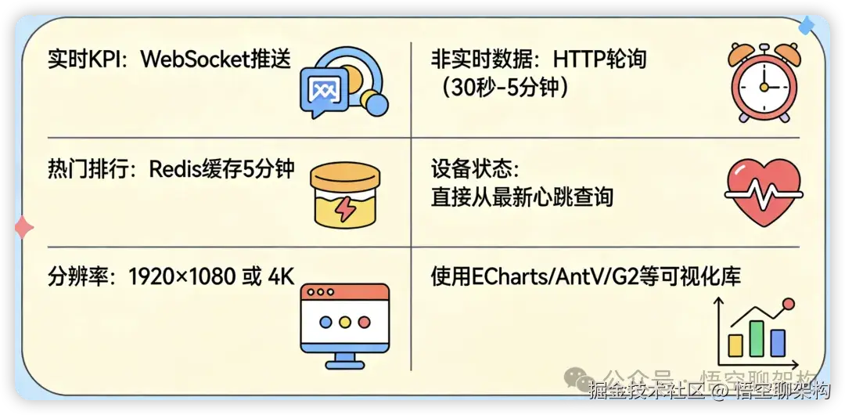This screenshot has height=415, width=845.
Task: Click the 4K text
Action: click(279, 276)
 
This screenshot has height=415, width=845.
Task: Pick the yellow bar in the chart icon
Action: click(735, 344)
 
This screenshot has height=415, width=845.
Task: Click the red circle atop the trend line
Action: click(788, 304)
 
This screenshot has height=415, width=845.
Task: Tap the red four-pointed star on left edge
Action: click(23, 228)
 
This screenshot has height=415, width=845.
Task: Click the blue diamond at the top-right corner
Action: click(806, 27)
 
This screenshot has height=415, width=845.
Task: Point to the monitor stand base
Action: click(344, 363)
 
